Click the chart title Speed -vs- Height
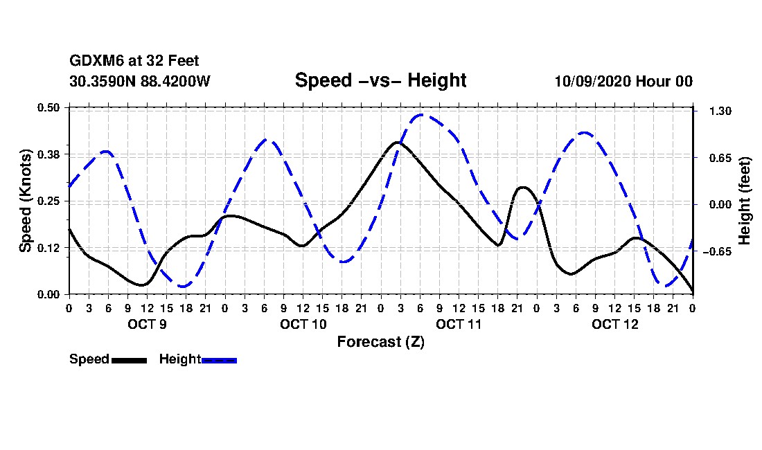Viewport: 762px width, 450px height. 380,80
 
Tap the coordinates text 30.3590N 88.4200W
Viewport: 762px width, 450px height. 139,81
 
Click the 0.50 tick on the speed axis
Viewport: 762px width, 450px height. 49,107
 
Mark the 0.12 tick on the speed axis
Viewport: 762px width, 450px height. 49,248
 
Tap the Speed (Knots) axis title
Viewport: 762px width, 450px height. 26,200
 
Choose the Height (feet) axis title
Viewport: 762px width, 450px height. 745,201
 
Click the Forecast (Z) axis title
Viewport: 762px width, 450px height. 380,341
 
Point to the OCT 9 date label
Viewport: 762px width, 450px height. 147,324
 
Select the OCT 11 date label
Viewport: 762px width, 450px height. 459,324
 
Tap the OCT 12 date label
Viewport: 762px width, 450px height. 614,324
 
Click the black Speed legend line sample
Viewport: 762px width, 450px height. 129,360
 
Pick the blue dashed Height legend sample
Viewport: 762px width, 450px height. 219,360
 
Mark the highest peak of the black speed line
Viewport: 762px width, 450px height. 398,142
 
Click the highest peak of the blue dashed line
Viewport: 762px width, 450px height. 421,115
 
